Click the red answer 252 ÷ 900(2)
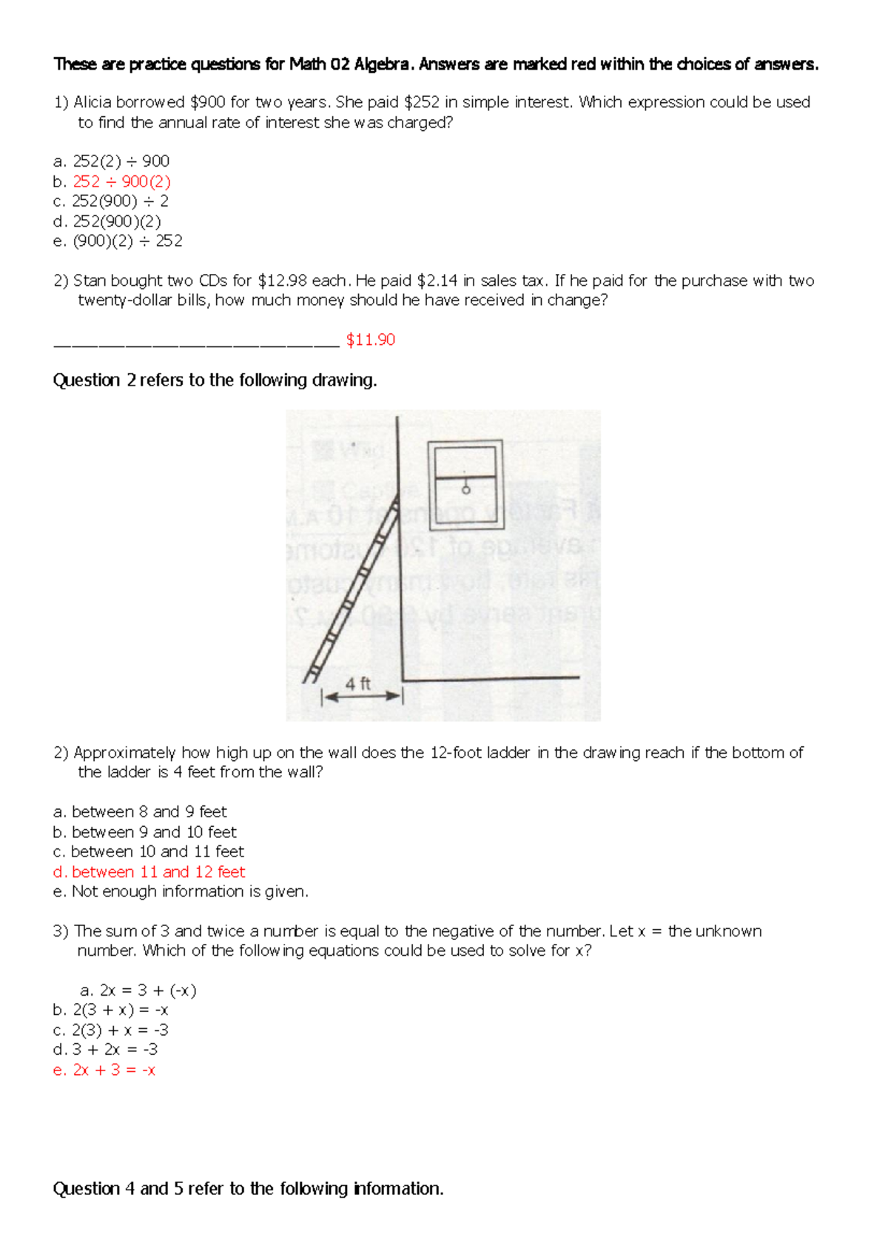coord(121,181)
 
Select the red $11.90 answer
coord(371,340)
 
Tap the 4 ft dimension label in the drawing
coord(358,685)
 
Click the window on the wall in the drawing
coord(465,485)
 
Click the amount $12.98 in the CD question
coord(282,281)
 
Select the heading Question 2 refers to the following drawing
coord(215,381)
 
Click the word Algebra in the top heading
coord(380,64)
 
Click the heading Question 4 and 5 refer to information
coord(248,1189)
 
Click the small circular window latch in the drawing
coord(466,489)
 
